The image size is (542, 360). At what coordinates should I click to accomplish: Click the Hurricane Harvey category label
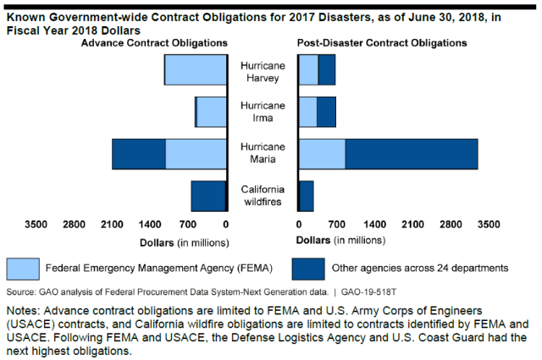[x=263, y=70]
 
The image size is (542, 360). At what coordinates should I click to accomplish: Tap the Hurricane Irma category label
[x=263, y=112]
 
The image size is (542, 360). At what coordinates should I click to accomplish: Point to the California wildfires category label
[x=263, y=195]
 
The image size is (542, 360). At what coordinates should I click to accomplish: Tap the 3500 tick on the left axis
[x=36, y=224]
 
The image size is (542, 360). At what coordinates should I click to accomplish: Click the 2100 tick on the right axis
[x=412, y=224]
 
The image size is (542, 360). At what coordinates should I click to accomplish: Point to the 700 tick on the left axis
[x=187, y=224]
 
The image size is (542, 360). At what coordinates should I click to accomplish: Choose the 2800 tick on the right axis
[x=451, y=224]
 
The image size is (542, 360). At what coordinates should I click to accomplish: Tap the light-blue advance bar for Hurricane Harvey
[x=196, y=69]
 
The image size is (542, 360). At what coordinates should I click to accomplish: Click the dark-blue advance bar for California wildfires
[x=208, y=196]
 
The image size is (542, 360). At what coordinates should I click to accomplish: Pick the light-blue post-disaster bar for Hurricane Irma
[x=307, y=112]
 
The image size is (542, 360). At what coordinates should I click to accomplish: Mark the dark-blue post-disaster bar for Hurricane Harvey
[x=327, y=69]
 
